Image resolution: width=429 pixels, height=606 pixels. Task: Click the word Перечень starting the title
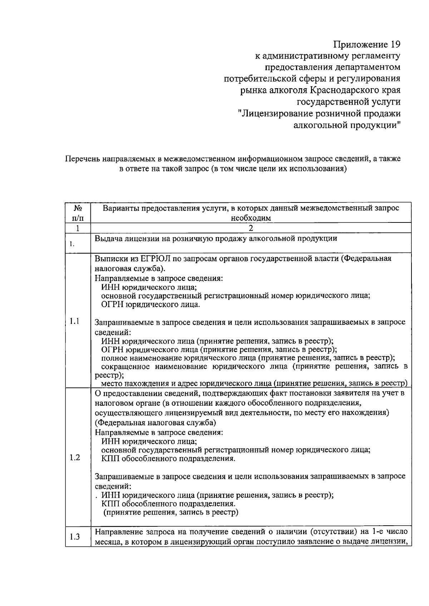click(x=82, y=159)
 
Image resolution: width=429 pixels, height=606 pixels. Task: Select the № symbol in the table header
click(x=78, y=208)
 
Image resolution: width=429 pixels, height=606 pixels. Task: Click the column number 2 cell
click(x=251, y=228)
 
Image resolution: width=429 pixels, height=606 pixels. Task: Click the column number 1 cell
click(x=78, y=228)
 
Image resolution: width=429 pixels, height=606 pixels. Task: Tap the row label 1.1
click(x=74, y=321)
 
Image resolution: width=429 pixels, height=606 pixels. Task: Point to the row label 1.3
click(x=75, y=537)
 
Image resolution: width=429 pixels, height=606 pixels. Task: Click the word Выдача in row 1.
click(x=107, y=239)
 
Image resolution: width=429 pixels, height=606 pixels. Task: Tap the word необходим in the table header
click(x=251, y=217)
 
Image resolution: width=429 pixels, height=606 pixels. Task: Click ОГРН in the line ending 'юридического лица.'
click(x=112, y=305)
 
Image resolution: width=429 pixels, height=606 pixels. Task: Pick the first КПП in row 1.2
click(x=111, y=459)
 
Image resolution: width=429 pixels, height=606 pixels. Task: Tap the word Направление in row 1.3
click(x=117, y=531)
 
